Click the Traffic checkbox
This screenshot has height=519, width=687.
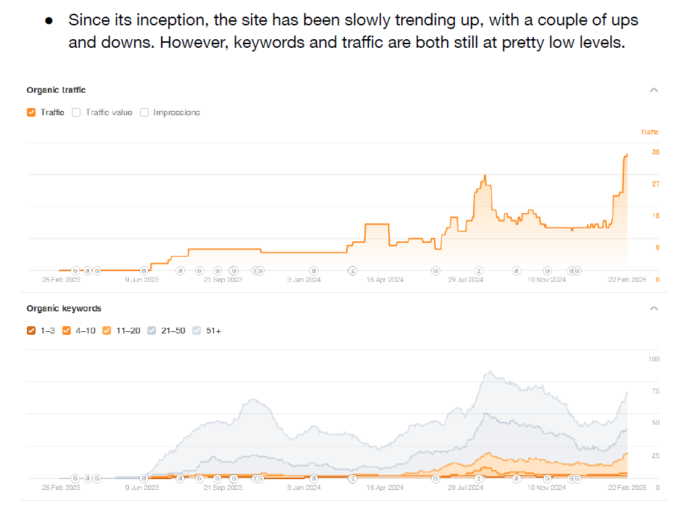point(31,112)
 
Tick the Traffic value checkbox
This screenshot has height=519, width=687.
point(76,112)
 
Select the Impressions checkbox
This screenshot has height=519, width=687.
point(144,112)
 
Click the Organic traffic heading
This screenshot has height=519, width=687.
point(56,90)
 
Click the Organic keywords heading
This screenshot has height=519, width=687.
point(64,308)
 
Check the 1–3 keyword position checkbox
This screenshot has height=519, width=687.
point(31,331)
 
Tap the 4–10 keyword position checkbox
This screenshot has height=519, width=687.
point(67,331)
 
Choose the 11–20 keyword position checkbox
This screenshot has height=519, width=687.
point(107,331)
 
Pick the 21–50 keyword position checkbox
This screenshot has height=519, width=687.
point(152,331)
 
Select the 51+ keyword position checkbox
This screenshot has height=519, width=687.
point(197,331)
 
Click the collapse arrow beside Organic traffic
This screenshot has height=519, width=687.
point(654,90)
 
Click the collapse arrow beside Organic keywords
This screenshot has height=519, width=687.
point(654,308)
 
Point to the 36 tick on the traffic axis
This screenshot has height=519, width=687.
point(655,152)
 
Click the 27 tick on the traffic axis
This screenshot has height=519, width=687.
point(655,184)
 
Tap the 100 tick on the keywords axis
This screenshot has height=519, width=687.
point(654,360)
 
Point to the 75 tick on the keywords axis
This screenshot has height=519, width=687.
point(655,391)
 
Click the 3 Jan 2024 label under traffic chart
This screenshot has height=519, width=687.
point(304,279)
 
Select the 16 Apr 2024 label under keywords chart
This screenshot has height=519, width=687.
point(384,488)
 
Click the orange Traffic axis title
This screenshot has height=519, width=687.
point(650,132)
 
